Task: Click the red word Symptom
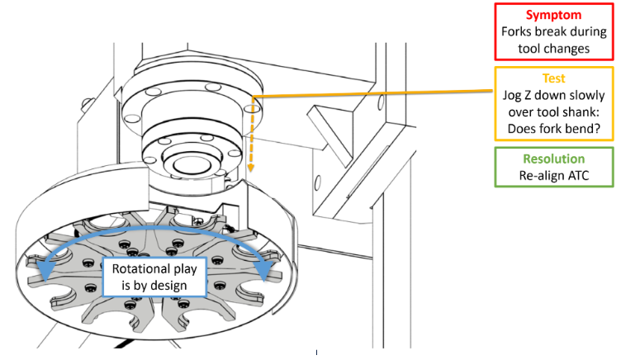(553, 16)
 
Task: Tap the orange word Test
(553, 78)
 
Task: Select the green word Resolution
(553, 159)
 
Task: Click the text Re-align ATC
(553, 175)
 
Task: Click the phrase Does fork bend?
(553, 129)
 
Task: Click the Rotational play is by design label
(154, 277)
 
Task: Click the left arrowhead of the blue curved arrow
(44, 270)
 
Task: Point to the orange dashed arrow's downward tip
(250, 169)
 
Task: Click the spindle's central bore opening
(187, 164)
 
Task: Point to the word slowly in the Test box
(587, 96)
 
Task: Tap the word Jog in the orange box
(511, 96)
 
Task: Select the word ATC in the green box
(576, 175)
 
